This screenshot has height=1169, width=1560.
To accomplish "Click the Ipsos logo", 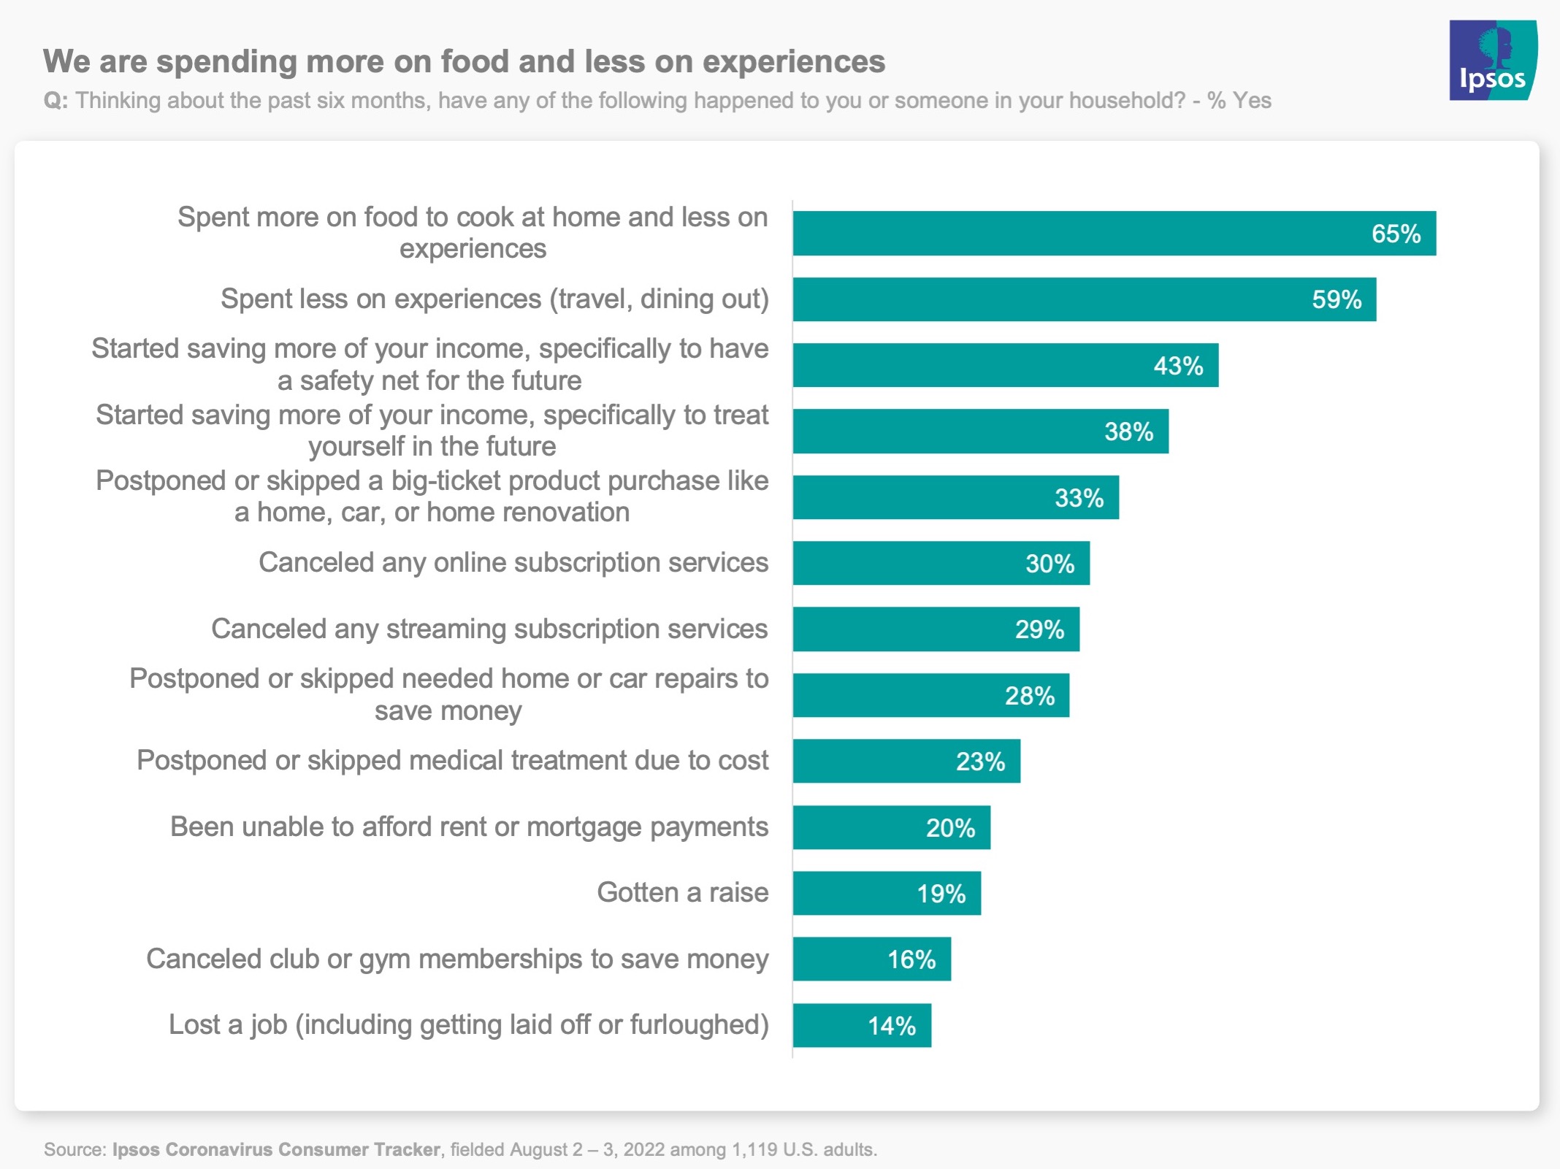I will pyautogui.click(x=1492, y=60).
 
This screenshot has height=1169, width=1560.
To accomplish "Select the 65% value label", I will pyautogui.click(x=1396, y=234).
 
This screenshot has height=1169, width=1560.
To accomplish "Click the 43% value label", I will pyautogui.click(x=1178, y=365).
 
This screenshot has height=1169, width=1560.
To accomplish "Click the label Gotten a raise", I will pyautogui.click(x=682, y=893).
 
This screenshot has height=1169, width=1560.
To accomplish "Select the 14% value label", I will pyautogui.click(x=891, y=1026).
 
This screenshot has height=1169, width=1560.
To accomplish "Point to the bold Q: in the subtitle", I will pyautogui.click(x=56, y=100).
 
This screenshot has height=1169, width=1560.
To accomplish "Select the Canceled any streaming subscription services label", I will pyautogui.click(x=489, y=629).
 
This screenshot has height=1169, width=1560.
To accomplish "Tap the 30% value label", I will pyautogui.click(x=1049, y=564).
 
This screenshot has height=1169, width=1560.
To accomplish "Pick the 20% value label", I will pyautogui.click(x=950, y=828).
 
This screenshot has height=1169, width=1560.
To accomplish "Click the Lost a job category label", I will pyautogui.click(x=468, y=1025).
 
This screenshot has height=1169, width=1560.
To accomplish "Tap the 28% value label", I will pyautogui.click(x=1029, y=696).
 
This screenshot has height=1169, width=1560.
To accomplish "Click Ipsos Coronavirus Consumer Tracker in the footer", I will pyautogui.click(x=276, y=1149).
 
